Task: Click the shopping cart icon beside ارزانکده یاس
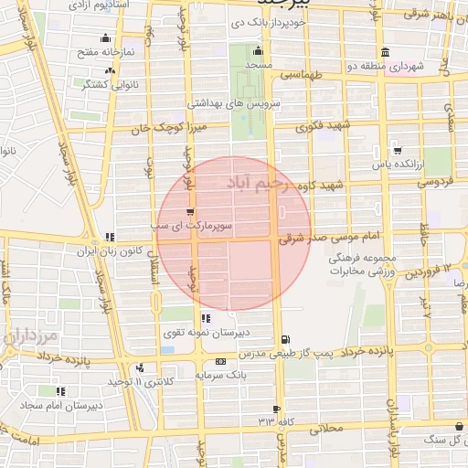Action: pos(397,150)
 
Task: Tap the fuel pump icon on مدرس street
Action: pos(286,337)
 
